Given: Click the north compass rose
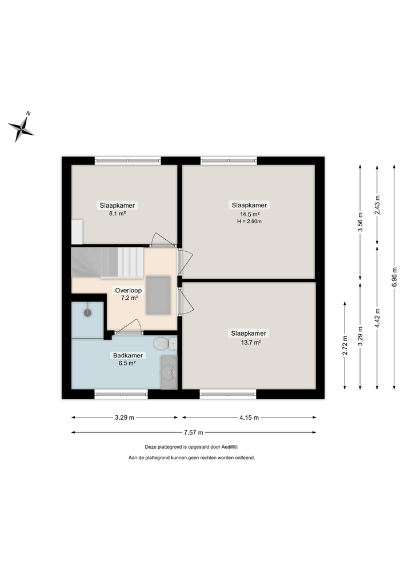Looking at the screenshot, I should click(x=22, y=127).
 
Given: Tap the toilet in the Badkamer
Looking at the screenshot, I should click(x=162, y=344).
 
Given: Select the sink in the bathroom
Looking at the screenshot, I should click(x=168, y=373).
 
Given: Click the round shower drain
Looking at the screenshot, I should click(x=88, y=312).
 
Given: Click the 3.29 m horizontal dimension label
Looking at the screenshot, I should click(x=124, y=417).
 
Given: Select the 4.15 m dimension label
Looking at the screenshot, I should click(x=249, y=417).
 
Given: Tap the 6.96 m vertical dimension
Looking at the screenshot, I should click(x=394, y=277).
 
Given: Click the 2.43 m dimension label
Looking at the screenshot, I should click(x=377, y=204).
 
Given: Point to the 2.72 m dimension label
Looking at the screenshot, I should click(x=345, y=346).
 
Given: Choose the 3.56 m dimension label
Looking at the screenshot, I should click(x=360, y=221).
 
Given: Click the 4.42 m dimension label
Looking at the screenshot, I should click(x=377, y=315).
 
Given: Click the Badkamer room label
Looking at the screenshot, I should click(x=127, y=355).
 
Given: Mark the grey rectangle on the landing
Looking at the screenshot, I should click(x=158, y=295).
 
